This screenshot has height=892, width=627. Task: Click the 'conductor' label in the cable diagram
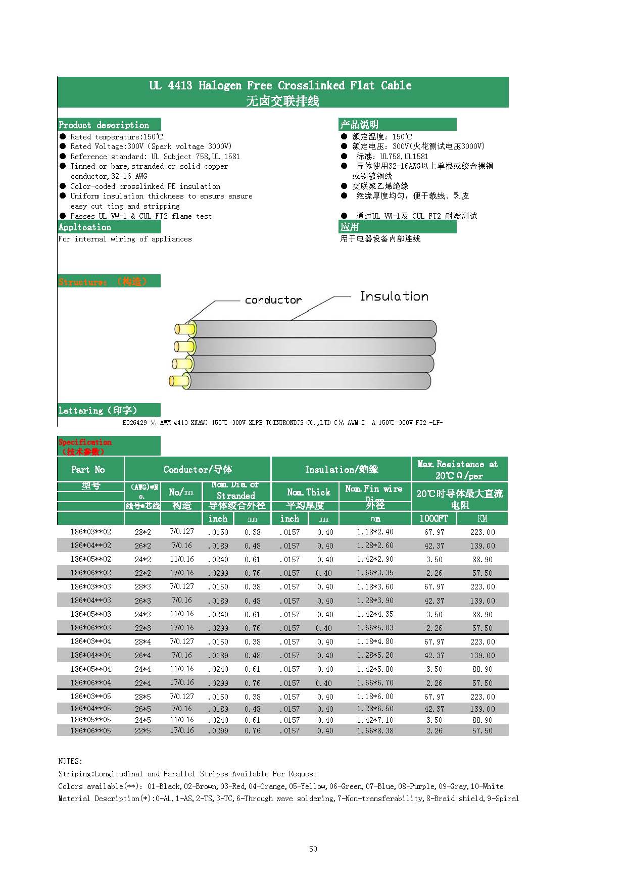(x=273, y=300)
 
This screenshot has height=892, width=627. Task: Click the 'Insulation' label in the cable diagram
(x=394, y=296)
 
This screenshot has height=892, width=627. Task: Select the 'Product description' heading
(x=104, y=125)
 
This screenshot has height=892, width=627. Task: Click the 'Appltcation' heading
(x=85, y=227)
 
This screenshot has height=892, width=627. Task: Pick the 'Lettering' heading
(x=98, y=410)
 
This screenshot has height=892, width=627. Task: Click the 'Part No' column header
(x=88, y=469)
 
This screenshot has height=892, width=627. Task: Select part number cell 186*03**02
(x=90, y=532)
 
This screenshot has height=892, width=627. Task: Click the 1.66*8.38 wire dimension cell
(x=375, y=730)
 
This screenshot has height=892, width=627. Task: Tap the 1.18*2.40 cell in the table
(x=375, y=532)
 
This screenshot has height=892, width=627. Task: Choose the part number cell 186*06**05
(x=90, y=730)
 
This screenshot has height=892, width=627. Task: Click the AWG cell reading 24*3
(x=142, y=614)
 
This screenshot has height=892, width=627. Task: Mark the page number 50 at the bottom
(x=313, y=849)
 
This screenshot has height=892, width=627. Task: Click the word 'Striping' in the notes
(x=75, y=774)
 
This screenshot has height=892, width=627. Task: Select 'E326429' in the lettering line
(x=135, y=423)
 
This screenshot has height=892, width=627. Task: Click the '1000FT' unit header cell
(x=433, y=519)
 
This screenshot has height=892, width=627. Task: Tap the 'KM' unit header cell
(x=482, y=519)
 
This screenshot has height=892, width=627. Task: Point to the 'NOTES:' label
(x=70, y=761)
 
